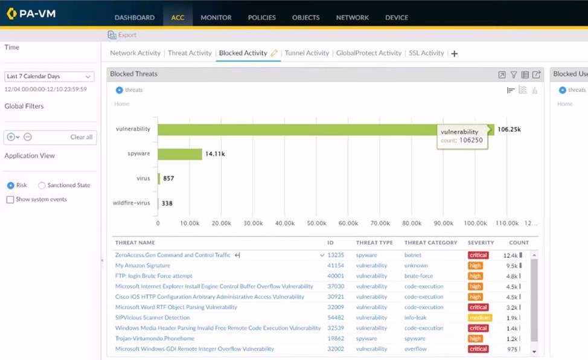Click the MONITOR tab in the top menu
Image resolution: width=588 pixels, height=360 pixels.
(216, 18)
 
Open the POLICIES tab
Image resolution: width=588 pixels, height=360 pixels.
(261, 18)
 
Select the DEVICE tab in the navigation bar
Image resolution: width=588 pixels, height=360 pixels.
(397, 18)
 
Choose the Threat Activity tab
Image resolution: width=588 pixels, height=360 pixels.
(190, 53)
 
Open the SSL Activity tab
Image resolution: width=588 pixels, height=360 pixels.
(426, 53)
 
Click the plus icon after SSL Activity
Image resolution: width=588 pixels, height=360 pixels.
(455, 54)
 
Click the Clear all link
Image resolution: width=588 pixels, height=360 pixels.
(81, 137)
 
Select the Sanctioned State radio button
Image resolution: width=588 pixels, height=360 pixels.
(42, 185)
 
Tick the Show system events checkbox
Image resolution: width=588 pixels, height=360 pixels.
(10, 199)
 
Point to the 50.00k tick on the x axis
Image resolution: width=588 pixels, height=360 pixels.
(316, 223)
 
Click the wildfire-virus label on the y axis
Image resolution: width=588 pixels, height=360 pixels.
(131, 203)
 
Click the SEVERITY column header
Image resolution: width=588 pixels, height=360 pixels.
(481, 243)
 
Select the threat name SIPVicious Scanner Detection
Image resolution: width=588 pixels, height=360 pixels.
(152, 318)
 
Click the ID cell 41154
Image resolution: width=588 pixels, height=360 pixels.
(336, 266)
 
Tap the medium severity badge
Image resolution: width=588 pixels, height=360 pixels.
(479, 318)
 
